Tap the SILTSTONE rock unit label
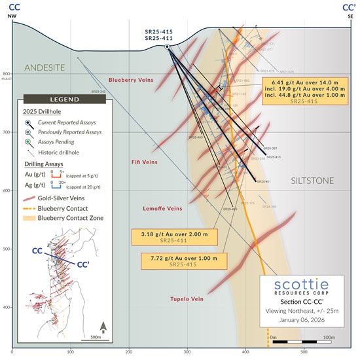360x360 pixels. click(x=312, y=180)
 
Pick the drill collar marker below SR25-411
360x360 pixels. click(x=168, y=47)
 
